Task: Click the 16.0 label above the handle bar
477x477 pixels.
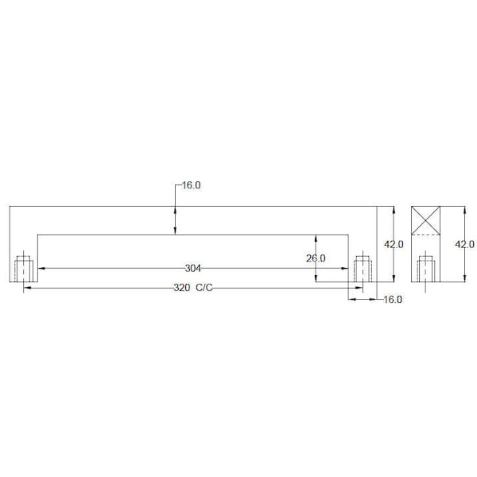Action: click(x=192, y=185)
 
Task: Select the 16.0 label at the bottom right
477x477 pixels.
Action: click(x=393, y=300)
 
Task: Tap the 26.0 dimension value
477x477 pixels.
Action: click(x=316, y=258)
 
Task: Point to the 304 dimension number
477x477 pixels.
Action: click(x=193, y=269)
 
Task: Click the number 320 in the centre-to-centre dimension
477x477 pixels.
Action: click(x=181, y=288)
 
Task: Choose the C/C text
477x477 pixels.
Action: click(x=204, y=288)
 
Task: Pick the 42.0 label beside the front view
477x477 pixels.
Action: click(x=394, y=244)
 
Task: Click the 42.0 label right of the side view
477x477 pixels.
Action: click(x=464, y=244)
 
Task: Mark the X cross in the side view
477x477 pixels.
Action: click(x=425, y=220)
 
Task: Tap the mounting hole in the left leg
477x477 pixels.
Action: click(x=23, y=269)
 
